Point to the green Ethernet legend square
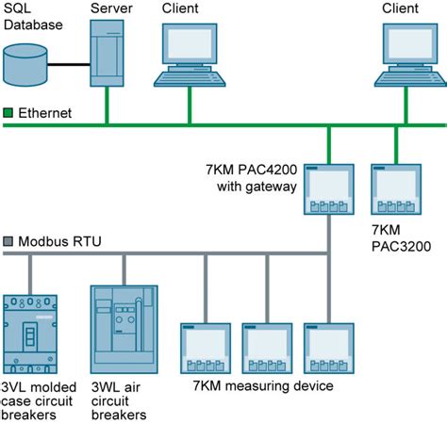(x=8, y=113)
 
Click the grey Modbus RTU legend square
(x=8, y=242)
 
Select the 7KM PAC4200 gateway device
(x=327, y=190)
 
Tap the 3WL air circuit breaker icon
(x=122, y=330)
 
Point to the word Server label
(x=109, y=8)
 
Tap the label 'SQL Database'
(x=30, y=16)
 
